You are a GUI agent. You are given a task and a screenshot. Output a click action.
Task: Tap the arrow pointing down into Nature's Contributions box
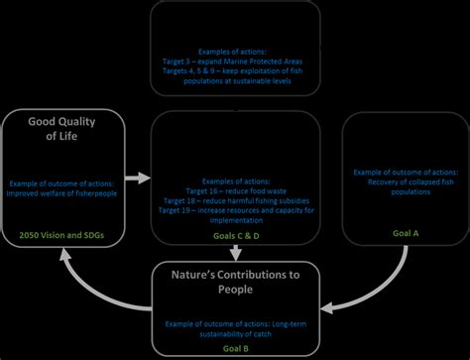coord(235,255)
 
